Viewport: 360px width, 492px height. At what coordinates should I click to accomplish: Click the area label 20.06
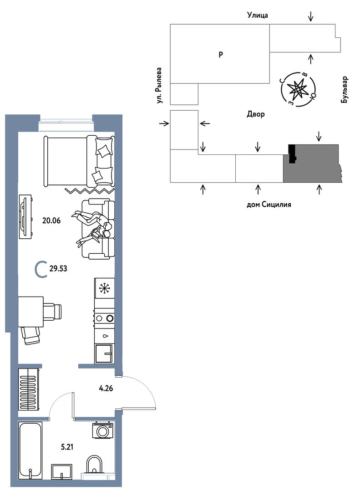click(51, 221)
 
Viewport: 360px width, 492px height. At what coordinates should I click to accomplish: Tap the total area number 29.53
click(58, 269)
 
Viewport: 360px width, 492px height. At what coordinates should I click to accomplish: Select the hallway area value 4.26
click(106, 389)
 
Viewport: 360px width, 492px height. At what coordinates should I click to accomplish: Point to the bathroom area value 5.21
click(67, 446)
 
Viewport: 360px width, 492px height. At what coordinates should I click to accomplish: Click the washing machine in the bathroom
click(102, 430)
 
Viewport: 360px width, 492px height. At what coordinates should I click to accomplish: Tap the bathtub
click(30, 450)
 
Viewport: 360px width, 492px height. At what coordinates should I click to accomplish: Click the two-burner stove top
click(104, 318)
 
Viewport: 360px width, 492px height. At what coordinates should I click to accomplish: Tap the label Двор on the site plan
click(256, 114)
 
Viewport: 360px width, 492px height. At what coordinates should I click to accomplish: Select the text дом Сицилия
click(269, 205)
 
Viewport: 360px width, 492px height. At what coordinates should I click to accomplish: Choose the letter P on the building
click(221, 55)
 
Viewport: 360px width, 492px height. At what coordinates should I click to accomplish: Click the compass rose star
click(297, 89)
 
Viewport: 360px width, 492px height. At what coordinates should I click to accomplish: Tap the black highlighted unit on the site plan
click(292, 154)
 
